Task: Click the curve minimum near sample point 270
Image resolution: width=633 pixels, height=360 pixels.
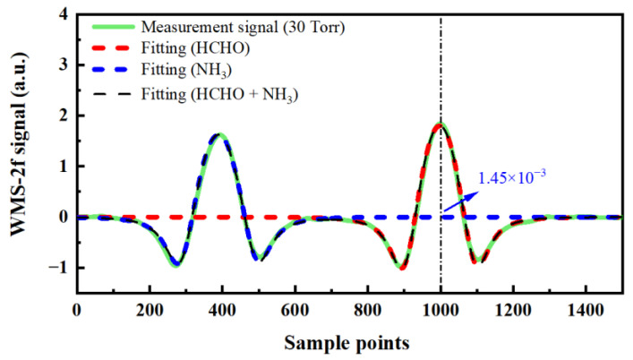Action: click(176, 264)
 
